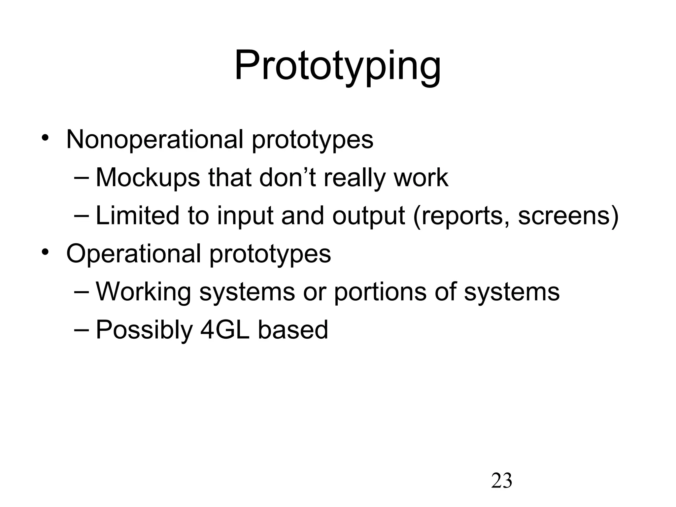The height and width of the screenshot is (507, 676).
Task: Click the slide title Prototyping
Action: (337, 66)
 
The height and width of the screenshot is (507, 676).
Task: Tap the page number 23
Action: (501, 481)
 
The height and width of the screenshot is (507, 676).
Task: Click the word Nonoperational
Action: (154, 139)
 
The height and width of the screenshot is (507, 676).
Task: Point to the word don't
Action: (287, 178)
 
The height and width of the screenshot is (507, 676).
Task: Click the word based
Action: (293, 330)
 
